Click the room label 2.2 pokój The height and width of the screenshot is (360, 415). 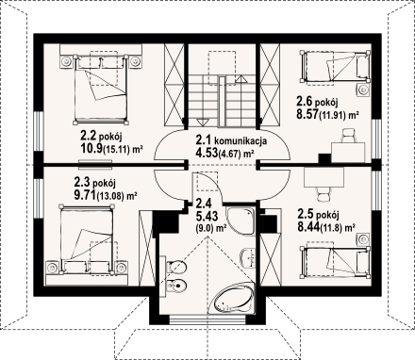(101, 136)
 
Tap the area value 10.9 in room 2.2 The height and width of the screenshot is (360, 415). (91, 148)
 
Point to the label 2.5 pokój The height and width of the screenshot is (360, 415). (318, 215)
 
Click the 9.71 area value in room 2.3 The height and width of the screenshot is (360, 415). (85, 195)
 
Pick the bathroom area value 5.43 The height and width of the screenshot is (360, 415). (207, 217)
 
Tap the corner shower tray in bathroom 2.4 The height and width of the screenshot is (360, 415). (241, 221)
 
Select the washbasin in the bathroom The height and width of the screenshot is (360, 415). (248, 258)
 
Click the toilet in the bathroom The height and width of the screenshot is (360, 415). (174, 267)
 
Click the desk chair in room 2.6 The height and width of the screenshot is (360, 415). (348, 136)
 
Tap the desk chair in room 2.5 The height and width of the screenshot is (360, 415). (324, 194)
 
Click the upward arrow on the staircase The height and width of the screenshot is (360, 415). (241, 79)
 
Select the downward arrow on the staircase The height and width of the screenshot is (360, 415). (202, 123)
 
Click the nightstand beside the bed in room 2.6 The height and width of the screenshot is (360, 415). (363, 90)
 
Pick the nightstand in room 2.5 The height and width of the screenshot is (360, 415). (363, 239)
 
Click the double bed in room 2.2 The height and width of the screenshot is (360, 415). (101, 89)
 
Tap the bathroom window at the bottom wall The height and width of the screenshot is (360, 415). (207, 319)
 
